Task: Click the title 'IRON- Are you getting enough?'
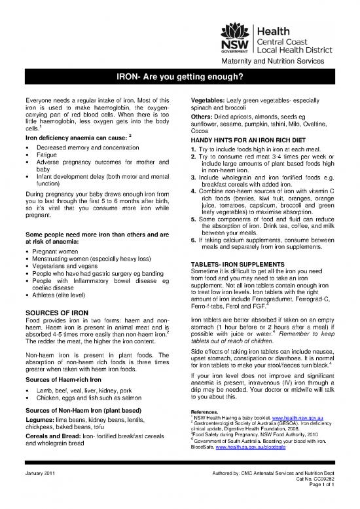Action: coord(180,77)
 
